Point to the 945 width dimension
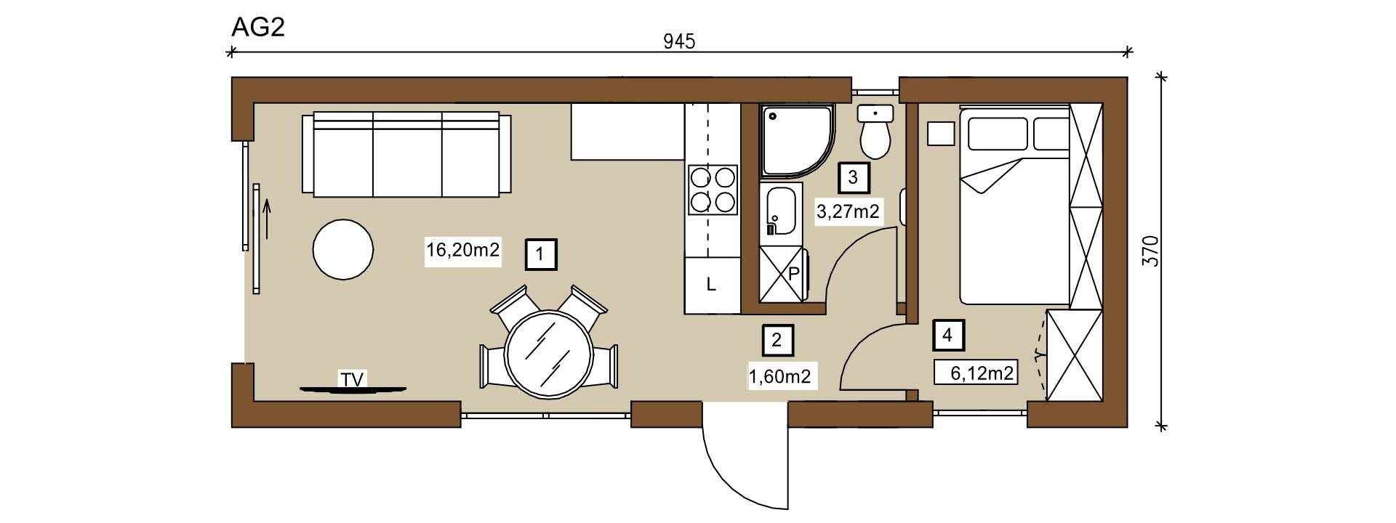[x=679, y=41]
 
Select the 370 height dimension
[x=1150, y=251]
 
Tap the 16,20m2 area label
[x=462, y=251]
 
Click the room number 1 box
[x=540, y=254]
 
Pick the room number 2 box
[x=777, y=339]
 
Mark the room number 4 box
[x=947, y=335]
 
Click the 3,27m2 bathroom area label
[x=849, y=212]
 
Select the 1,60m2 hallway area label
[x=779, y=376]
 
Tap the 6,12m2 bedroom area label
[x=982, y=373]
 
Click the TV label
[x=353, y=379]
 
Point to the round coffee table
[x=343, y=249]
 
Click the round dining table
[x=548, y=353]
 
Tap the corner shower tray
[x=796, y=142]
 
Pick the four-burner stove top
[x=713, y=190]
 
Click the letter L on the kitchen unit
[x=711, y=285]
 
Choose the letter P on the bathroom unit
[x=794, y=275]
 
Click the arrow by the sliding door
[x=267, y=220]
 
